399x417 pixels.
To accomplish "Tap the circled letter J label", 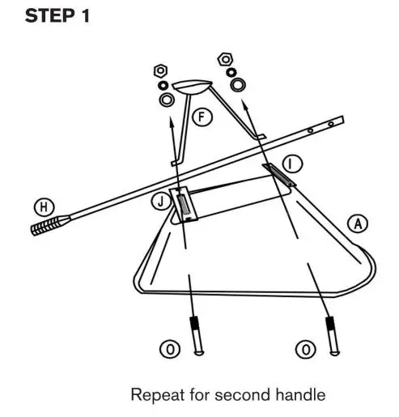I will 159,200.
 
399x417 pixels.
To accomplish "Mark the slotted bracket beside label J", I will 183,204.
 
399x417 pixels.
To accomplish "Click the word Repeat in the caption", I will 154,396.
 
